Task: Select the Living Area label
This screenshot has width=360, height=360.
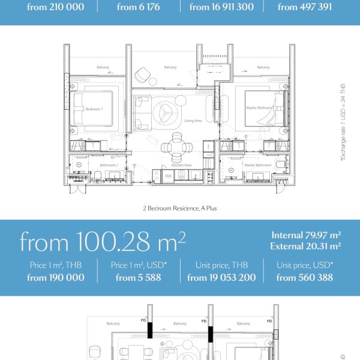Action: pyautogui.click(x=193, y=121)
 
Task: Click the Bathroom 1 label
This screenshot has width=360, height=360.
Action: pyautogui.click(x=108, y=165)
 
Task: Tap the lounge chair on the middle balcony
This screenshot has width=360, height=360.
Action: pyautogui.click(x=142, y=75)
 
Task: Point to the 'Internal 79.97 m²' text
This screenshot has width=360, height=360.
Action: pyautogui.click(x=306, y=235)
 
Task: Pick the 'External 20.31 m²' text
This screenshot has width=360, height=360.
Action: pyautogui.click(x=305, y=245)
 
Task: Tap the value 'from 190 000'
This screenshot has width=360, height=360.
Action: pyautogui.click(x=56, y=278)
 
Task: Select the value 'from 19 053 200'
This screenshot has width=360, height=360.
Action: pyautogui.click(x=221, y=278)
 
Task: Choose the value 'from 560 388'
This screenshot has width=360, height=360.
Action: pyautogui.click(x=304, y=278)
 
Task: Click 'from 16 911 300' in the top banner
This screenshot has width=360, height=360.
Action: pyautogui.click(x=221, y=8)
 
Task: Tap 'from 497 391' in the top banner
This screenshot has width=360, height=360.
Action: pyautogui.click(x=304, y=8)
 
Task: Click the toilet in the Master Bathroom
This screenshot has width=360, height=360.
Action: pyautogui.click(x=281, y=165)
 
